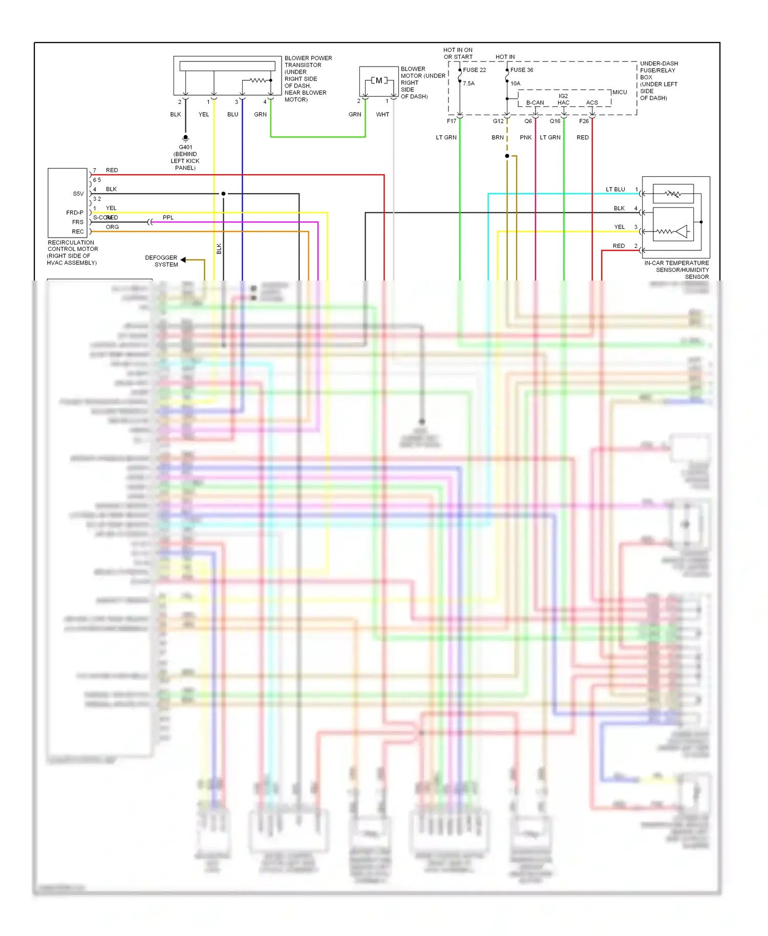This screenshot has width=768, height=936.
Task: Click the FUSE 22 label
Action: pyautogui.click(x=474, y=70)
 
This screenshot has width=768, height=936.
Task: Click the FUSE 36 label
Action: pyautogui.click(x=521, y=70)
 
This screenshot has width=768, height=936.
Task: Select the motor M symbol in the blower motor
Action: pyautogui.click(x=379, y=80)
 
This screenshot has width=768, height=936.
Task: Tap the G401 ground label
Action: pyautogui.click(x=185, y=147)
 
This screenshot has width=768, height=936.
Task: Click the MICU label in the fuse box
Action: pyautogui.click(x=620, y=93)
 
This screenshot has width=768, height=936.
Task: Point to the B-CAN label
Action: pyautogui.click(x=535, y=103)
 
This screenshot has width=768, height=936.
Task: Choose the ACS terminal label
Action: pyautogui.click(x=592, y=103)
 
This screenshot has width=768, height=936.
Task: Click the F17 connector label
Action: pyautogui.click(x=451, y=121)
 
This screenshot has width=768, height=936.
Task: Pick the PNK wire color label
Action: pyautogui.click(x=525, y=138)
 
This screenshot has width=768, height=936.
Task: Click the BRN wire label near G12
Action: pyautogui.click(x=497, y=138)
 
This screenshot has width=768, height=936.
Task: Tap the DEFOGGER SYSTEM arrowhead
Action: pyautogui.click(x=183, y=260)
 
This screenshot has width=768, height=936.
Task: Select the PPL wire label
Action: pyautogui.click(x=168, y=218)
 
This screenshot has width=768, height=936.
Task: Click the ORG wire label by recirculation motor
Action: pyautogui.click(x=112, y=227)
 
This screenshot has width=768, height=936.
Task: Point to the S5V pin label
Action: pyautogui.click(x=78, y=194)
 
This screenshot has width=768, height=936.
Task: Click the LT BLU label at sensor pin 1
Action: pyautogui.click(x=615, y=189)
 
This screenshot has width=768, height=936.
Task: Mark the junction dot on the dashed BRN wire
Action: pyautogui.click(x=507, y=156)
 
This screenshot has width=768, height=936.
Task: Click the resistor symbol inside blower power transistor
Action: pyautogui.click(x=257, y=80)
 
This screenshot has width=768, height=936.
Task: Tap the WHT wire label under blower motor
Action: pyautogui.click(x=382, y=115)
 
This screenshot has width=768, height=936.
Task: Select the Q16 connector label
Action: pyautogui.click(x=555, y=121)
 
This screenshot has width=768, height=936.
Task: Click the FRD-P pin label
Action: pyautogui.click(x=75, y=212)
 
